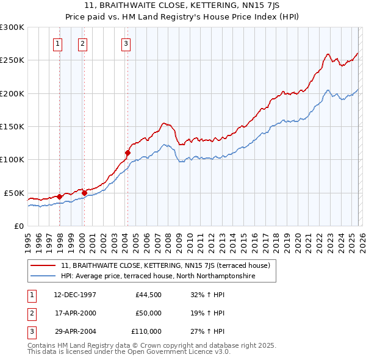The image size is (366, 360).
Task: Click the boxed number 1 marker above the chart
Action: tap(57, 43)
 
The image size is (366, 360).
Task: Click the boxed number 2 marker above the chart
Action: tap(82, 43)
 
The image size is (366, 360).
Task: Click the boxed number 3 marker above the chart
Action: tap(126, 43)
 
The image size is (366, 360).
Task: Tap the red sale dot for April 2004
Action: tap(127, 153)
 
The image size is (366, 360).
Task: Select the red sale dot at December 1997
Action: tap(59, 196)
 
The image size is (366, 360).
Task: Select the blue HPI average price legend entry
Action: tap(158, 276)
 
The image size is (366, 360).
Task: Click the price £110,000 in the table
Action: tap(146, 332)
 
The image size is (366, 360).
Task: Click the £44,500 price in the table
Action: tap(148, 294)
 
